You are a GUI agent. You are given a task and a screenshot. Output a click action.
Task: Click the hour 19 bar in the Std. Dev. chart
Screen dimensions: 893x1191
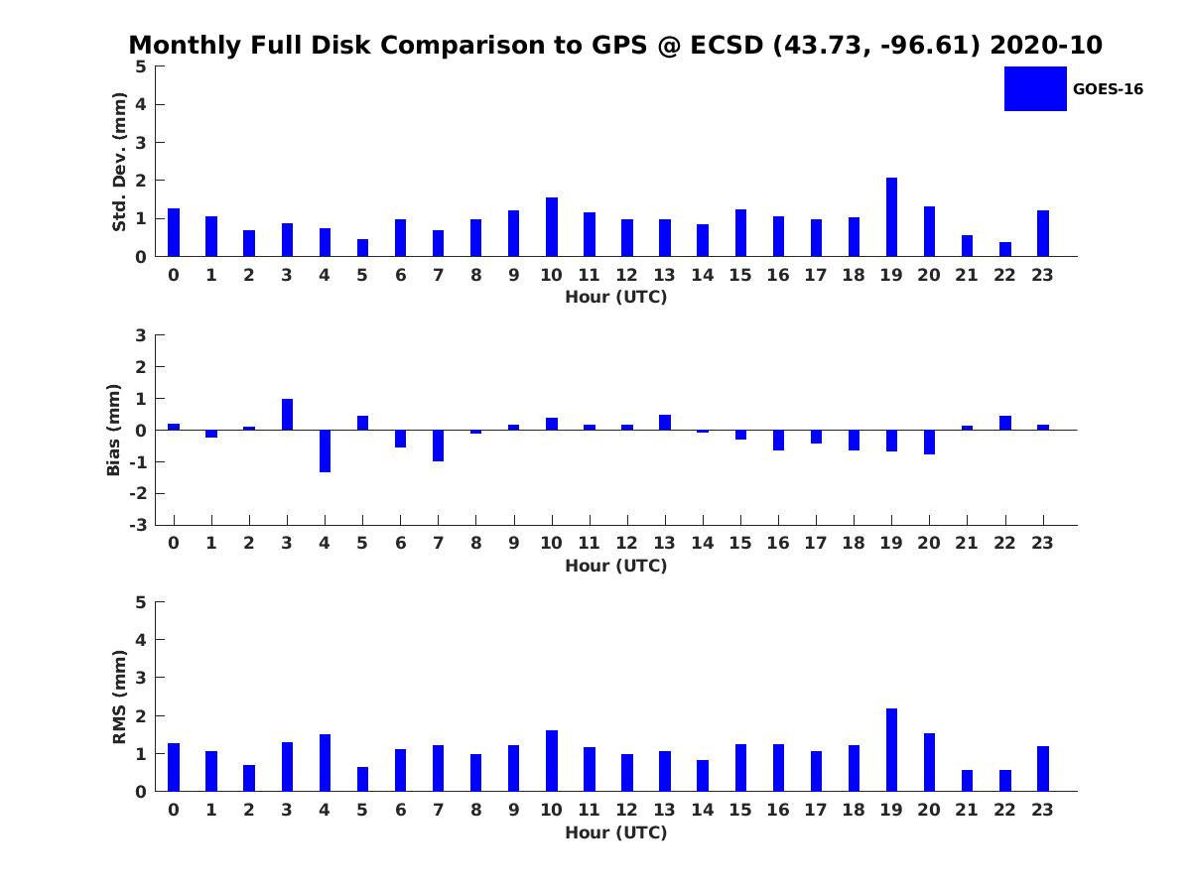(891, 217)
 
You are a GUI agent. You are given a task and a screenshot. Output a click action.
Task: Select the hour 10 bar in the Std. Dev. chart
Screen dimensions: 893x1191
(552, 227)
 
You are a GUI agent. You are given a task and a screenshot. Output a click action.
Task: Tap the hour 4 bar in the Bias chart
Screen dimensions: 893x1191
(325, 450)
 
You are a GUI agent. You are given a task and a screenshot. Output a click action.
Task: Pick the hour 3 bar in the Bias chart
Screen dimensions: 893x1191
(287, 415)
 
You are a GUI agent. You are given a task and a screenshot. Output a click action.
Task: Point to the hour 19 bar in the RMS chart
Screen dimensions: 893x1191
(891, 750)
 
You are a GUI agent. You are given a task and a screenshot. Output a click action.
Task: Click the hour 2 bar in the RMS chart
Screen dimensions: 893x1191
(249, 778)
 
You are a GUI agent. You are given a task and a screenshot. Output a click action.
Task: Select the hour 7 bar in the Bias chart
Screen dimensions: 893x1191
(438, 446)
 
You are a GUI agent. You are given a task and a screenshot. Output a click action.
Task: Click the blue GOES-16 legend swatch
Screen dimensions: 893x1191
(1035, 88)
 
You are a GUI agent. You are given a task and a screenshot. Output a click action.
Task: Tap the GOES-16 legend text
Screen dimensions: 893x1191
(1108, 89)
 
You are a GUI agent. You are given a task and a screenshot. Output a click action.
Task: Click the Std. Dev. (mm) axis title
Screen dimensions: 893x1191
(119, 162)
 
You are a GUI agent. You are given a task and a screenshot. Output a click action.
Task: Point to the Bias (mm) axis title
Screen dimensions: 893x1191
(114, 430)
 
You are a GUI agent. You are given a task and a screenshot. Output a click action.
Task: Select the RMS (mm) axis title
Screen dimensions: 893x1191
(119, 697)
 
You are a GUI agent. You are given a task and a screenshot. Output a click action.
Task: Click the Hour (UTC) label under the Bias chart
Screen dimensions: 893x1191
(615, 567)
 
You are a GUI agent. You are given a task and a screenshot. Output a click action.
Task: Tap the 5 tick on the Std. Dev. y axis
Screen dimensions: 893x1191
(142, 66)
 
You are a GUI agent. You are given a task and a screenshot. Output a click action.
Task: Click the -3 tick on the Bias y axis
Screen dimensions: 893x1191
(140, 525)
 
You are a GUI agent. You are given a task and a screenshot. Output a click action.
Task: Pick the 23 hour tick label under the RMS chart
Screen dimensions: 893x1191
(1043, 810)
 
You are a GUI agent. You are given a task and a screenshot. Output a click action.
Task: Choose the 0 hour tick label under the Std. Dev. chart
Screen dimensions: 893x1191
(174, 275)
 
